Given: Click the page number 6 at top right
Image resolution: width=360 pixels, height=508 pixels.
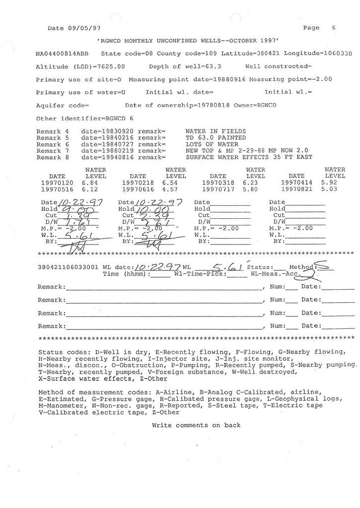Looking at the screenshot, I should (x=334, y=28).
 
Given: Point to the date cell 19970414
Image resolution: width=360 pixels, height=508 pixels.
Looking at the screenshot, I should (x=296, y=183).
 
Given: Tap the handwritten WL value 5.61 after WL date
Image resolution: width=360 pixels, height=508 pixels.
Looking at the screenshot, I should (x=225, y=268).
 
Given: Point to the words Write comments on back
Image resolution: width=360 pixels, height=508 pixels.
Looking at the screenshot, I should (x=196, y=425).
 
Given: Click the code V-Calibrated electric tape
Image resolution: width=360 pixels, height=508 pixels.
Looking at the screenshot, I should (x=87, y=412).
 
